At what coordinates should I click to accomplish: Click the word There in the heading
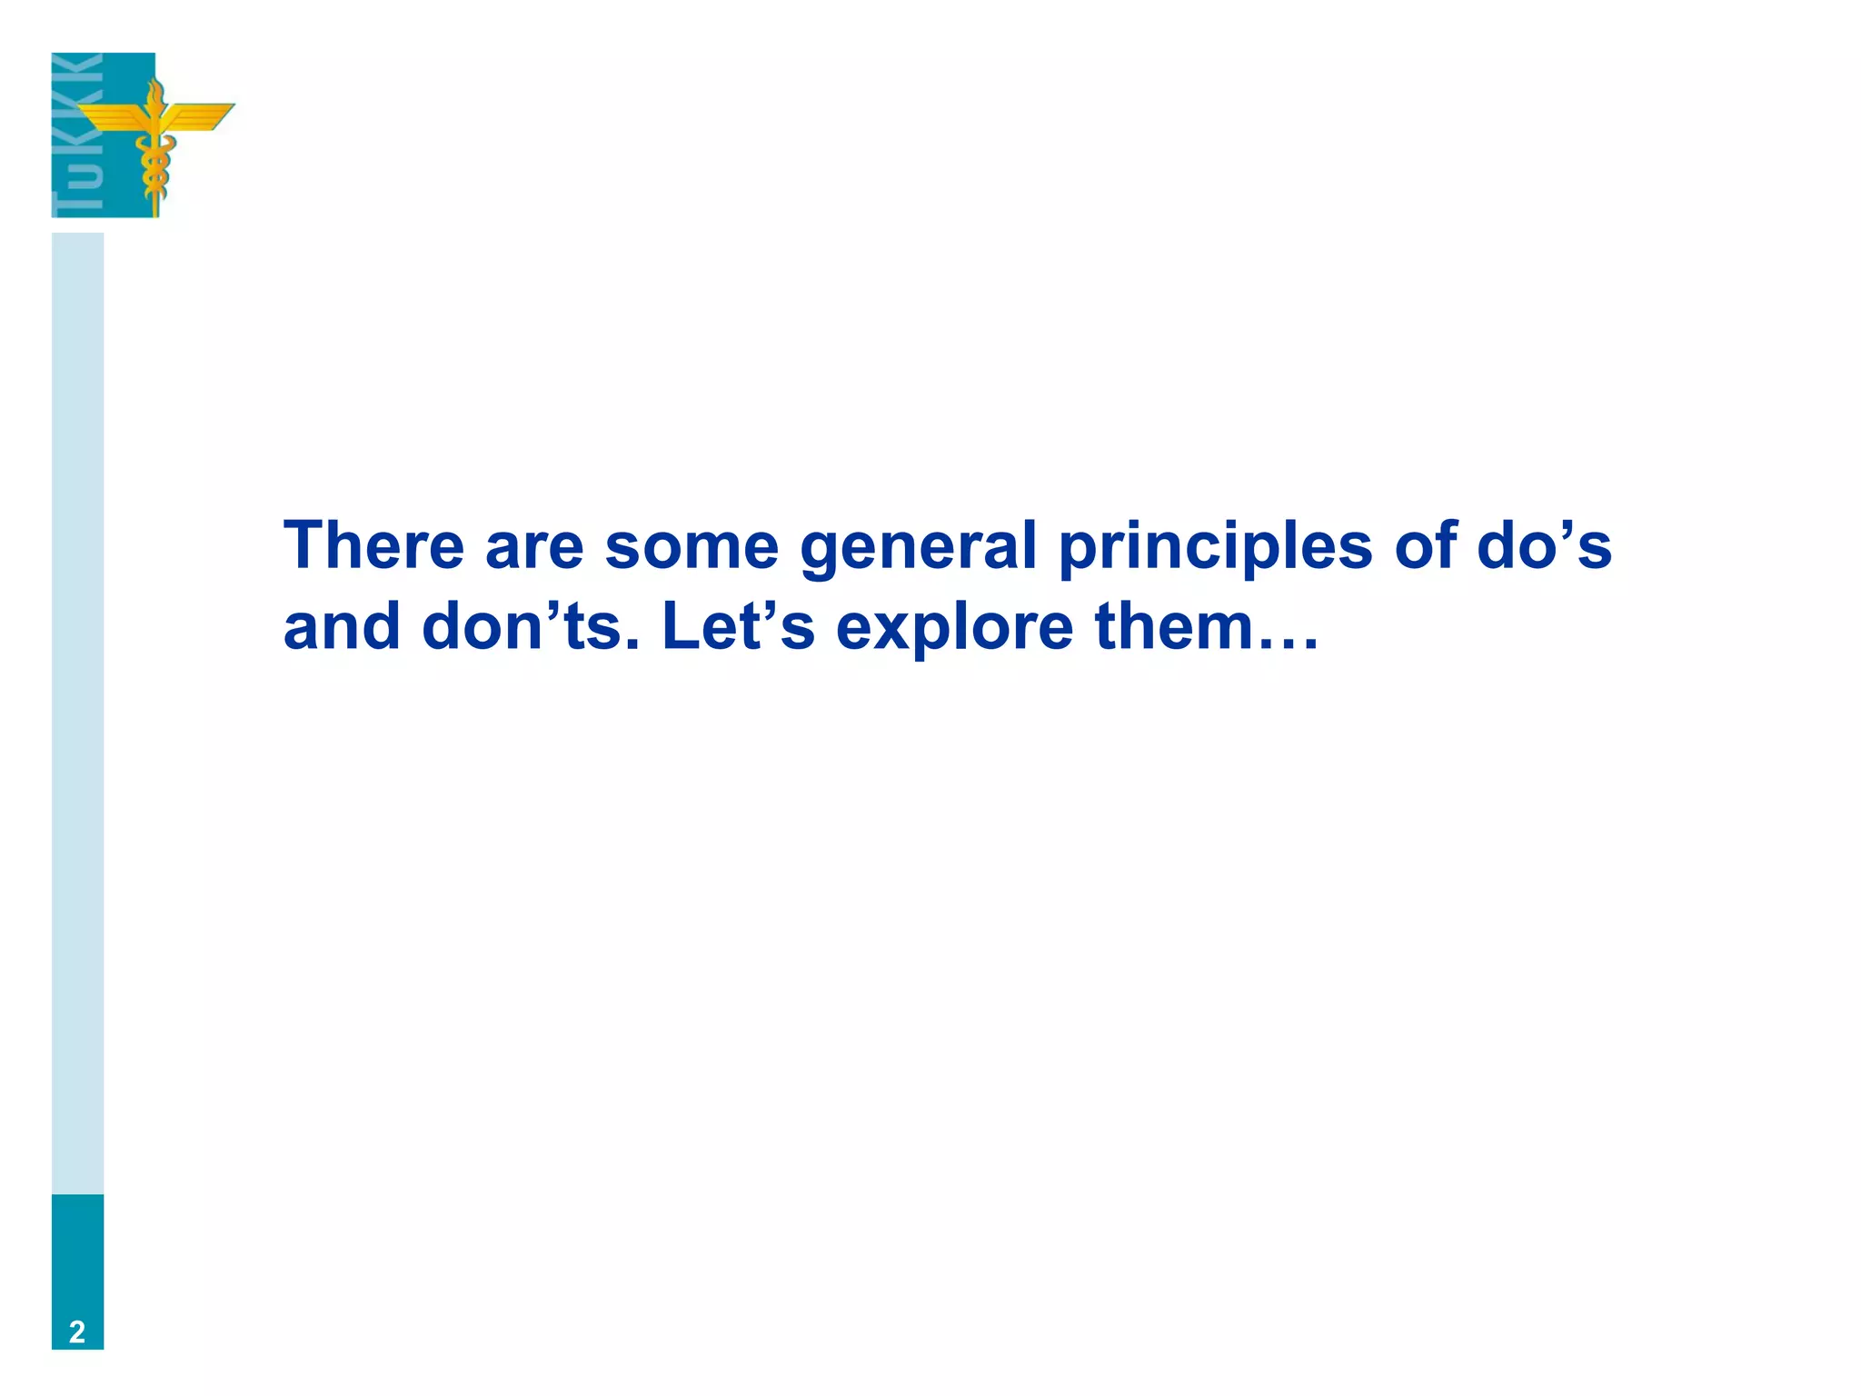[x=373, y=545]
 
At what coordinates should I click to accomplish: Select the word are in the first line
[x=534, y=547]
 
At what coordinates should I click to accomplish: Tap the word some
[x=691, y=547]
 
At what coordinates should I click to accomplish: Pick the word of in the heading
[x=1425, y=545]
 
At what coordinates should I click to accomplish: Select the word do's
[x=1544, y=545]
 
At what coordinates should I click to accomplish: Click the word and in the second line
[x=342, y=626]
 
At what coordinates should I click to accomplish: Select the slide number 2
[x=77, y=1331]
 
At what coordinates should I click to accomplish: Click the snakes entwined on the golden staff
[x=154, y=168]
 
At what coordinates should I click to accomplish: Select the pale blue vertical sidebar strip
[x=77, y=709]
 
